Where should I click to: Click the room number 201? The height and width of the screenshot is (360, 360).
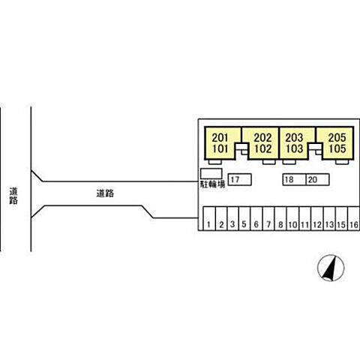pyautogui.click(x=220, y=137)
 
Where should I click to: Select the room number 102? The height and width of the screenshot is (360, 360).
pyautogui.click(x=262, y=148)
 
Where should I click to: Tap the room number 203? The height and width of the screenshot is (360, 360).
pyautogui.click(x=294, y=137)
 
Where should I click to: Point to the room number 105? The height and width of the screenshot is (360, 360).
pyautogui.click(x=337, y=148)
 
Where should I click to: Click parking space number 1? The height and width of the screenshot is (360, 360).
pyautogui.click(x=208, y=218)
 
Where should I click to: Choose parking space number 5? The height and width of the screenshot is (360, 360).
pyautogui.click(x=244, y=218)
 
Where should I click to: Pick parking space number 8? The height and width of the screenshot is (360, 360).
pyautogui.click(x=280, y=218)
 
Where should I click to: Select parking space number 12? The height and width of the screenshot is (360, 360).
pyautogui.click(x=317, y=218)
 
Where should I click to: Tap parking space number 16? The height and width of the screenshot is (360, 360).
pyautogui.click(x=354, y=218)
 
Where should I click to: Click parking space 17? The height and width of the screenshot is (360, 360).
pyautogui.click(x=240, y=179)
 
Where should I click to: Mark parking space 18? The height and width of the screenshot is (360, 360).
pyautogui.click(x=295, y=179)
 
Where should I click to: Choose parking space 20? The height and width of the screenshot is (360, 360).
pyautogui.click(x=318, y=179)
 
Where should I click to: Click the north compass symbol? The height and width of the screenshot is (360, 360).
pyautogui.click(x=331, y=268)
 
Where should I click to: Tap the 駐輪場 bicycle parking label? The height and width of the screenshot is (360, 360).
pyautogui.click(x=212, y=184)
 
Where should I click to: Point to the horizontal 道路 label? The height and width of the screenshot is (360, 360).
pyautogui.click(x=105, y=193)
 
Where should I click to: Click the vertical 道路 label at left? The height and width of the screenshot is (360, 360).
pyautogui.click(x=13, y=196)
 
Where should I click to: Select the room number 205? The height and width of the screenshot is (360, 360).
pyautogui.click(x=337, y=137)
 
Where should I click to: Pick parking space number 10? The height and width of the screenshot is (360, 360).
pyautogui.click(x=292, y=218)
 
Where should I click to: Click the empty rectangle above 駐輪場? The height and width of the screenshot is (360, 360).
pyautogui.click(x=211, y=174)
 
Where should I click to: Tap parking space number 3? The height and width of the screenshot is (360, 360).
pyautogui.click(x=232, y=218)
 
